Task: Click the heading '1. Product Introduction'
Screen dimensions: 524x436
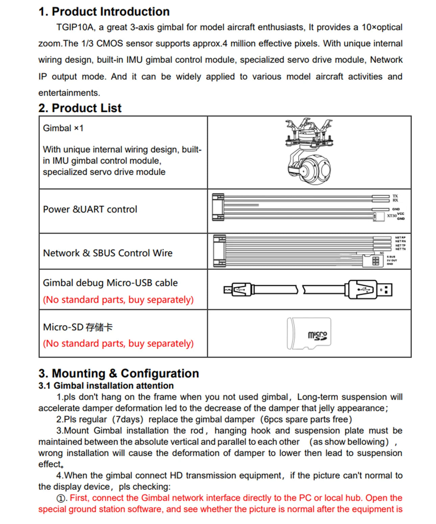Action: pyautogui.click(x=104, y=11)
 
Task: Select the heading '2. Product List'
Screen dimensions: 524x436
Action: pyautogui.click(x=80, y=108)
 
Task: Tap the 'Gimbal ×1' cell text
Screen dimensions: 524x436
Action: pyautogui.click(x=63, y=128)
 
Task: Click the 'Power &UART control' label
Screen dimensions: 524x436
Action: pyautogui.click(x=90, y=209)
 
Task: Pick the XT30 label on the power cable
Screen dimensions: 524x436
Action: pyautogui.click(x=391, y=216)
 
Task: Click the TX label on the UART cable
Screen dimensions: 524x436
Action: pyautogui.click(x=395, y=196)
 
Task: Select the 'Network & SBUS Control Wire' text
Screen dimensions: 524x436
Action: pyautogui.click(x=107, y=253)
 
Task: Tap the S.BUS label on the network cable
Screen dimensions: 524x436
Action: pyautogui.click(x=391, y=257)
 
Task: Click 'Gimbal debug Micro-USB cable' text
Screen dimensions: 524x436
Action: pyautogui.click(x=110, y=283)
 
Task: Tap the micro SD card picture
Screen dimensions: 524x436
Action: pyautogui.click(x=309, y=334)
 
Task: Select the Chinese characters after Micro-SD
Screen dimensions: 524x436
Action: pyautogui.click(x=99, y=327)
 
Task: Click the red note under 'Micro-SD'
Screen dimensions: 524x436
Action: pyautogui.click(x=118, y=343)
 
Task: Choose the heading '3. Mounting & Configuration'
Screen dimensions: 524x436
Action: pyautogui.click(x=119, y=373)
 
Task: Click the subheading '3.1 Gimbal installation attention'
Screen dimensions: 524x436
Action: pyautogui.click(x=106, y=386)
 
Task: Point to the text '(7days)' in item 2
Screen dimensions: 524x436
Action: pyautogui.click(x=127, y=420)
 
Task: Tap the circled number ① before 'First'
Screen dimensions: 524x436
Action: pyautogui.click(x=61, y=498)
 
